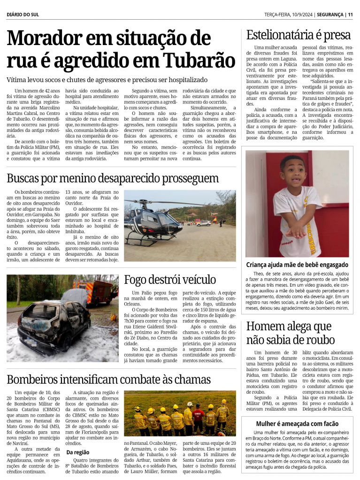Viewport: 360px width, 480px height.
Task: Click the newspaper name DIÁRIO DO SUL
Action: [23, 15]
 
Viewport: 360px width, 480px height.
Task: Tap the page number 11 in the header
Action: [350, 15]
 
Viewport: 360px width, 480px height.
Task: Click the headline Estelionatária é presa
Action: [299, 35]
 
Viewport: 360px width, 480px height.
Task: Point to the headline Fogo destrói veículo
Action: [169, 280]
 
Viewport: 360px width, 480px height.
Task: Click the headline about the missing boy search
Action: [113, 178]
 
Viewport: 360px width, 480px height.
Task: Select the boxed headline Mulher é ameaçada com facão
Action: [297, 423]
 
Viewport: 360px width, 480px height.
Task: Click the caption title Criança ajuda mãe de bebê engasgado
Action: [297, 265]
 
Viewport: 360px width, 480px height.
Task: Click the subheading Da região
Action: [78, 452]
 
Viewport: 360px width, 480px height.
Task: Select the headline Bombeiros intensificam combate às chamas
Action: [108, 379]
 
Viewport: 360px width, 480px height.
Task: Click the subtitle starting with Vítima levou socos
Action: [107, 80]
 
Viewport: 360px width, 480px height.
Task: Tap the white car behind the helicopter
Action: [204, 223]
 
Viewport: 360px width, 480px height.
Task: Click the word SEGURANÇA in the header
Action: [330, 15]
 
